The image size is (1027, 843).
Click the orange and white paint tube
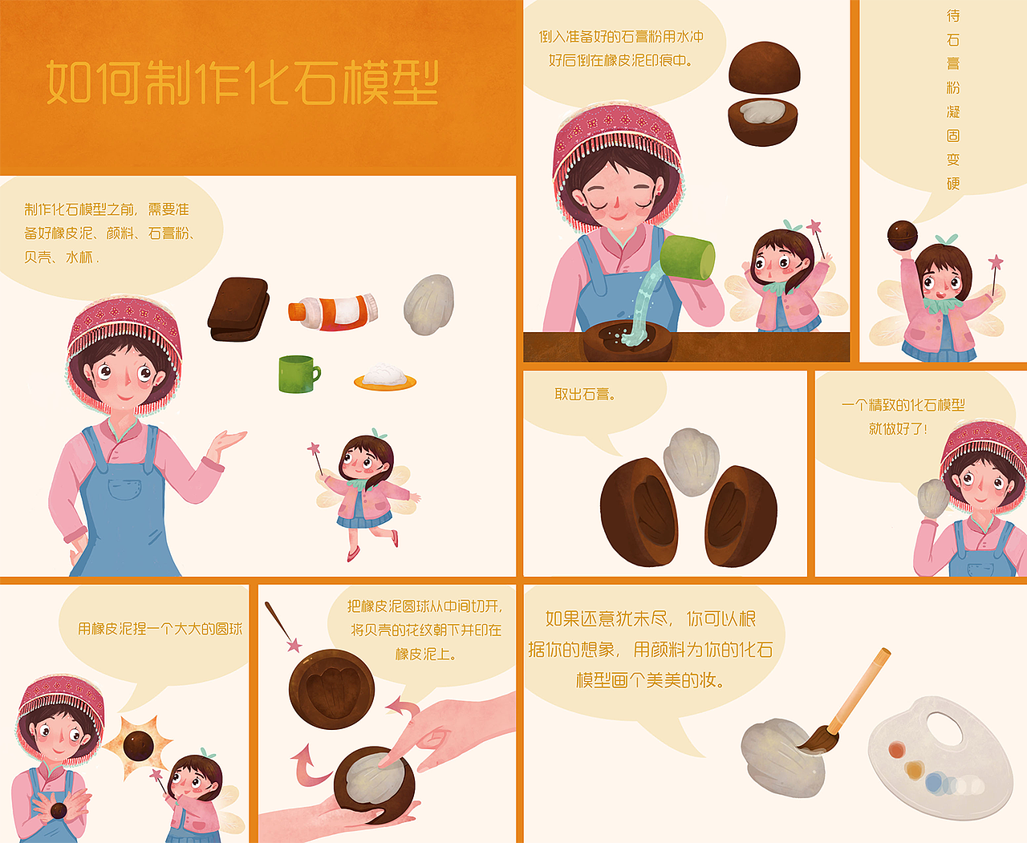point(333,310)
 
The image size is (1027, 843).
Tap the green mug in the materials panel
point(298,375)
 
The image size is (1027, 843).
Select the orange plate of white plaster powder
point(385,378)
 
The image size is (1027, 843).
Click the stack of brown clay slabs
point(238,309)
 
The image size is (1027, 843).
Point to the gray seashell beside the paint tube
point(429,304)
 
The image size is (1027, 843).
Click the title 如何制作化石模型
point(242,83)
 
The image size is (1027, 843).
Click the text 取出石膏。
point(585,394)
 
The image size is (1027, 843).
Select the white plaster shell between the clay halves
point(692,461)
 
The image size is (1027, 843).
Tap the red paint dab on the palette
point(896,750)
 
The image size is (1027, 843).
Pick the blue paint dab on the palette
point(935,783)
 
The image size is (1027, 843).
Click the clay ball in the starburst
point(138,745)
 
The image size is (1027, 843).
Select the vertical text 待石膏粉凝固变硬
point(952,99)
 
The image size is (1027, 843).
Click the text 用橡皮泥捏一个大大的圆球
point(160,629)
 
